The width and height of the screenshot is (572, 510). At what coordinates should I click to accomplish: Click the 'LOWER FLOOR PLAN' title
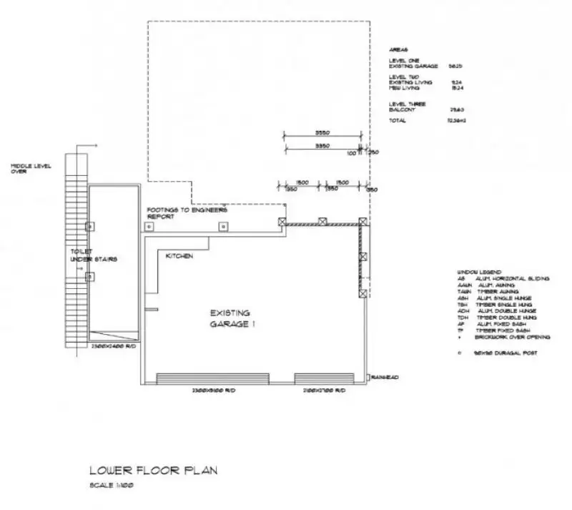point(152,471)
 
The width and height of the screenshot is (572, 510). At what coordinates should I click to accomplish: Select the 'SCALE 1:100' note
point(112,486)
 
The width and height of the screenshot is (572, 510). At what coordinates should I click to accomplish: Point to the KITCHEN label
point(179,255)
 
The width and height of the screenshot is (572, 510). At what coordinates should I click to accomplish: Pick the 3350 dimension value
point(321,146)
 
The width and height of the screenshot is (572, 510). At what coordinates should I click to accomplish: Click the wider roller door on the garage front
point(212,378)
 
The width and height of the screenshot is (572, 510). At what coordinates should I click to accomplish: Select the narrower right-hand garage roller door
point(324,378)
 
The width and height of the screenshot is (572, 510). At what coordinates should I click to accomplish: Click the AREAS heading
point(398,50)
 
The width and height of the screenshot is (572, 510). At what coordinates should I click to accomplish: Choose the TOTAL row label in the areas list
point(398,121)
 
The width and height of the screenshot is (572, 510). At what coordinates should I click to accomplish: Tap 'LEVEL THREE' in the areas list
point(406,104)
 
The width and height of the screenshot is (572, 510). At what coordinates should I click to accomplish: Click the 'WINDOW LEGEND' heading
point(475,273)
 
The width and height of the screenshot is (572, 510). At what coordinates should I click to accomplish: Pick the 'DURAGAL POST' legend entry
point(504,353)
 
